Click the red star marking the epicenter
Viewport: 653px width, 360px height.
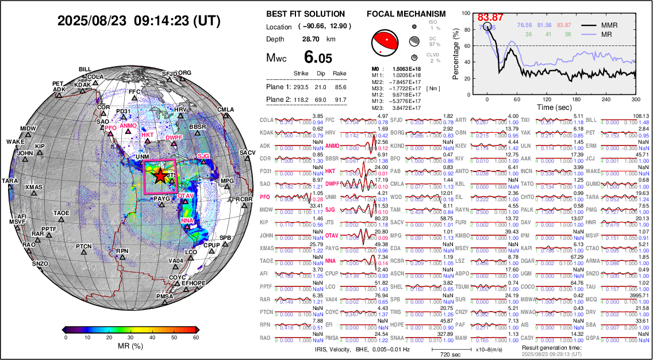(x=160, y=178)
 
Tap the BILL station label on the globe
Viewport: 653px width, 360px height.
(x=85, y=69)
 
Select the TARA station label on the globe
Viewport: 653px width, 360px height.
(x=10, y=181)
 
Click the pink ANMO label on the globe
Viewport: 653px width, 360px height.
(x=129, y=125)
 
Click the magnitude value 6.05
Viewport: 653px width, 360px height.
(x=318, y=57)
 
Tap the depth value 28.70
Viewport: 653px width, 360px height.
(x=311, y=39)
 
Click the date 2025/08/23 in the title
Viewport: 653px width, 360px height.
(x=91, y=21)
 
